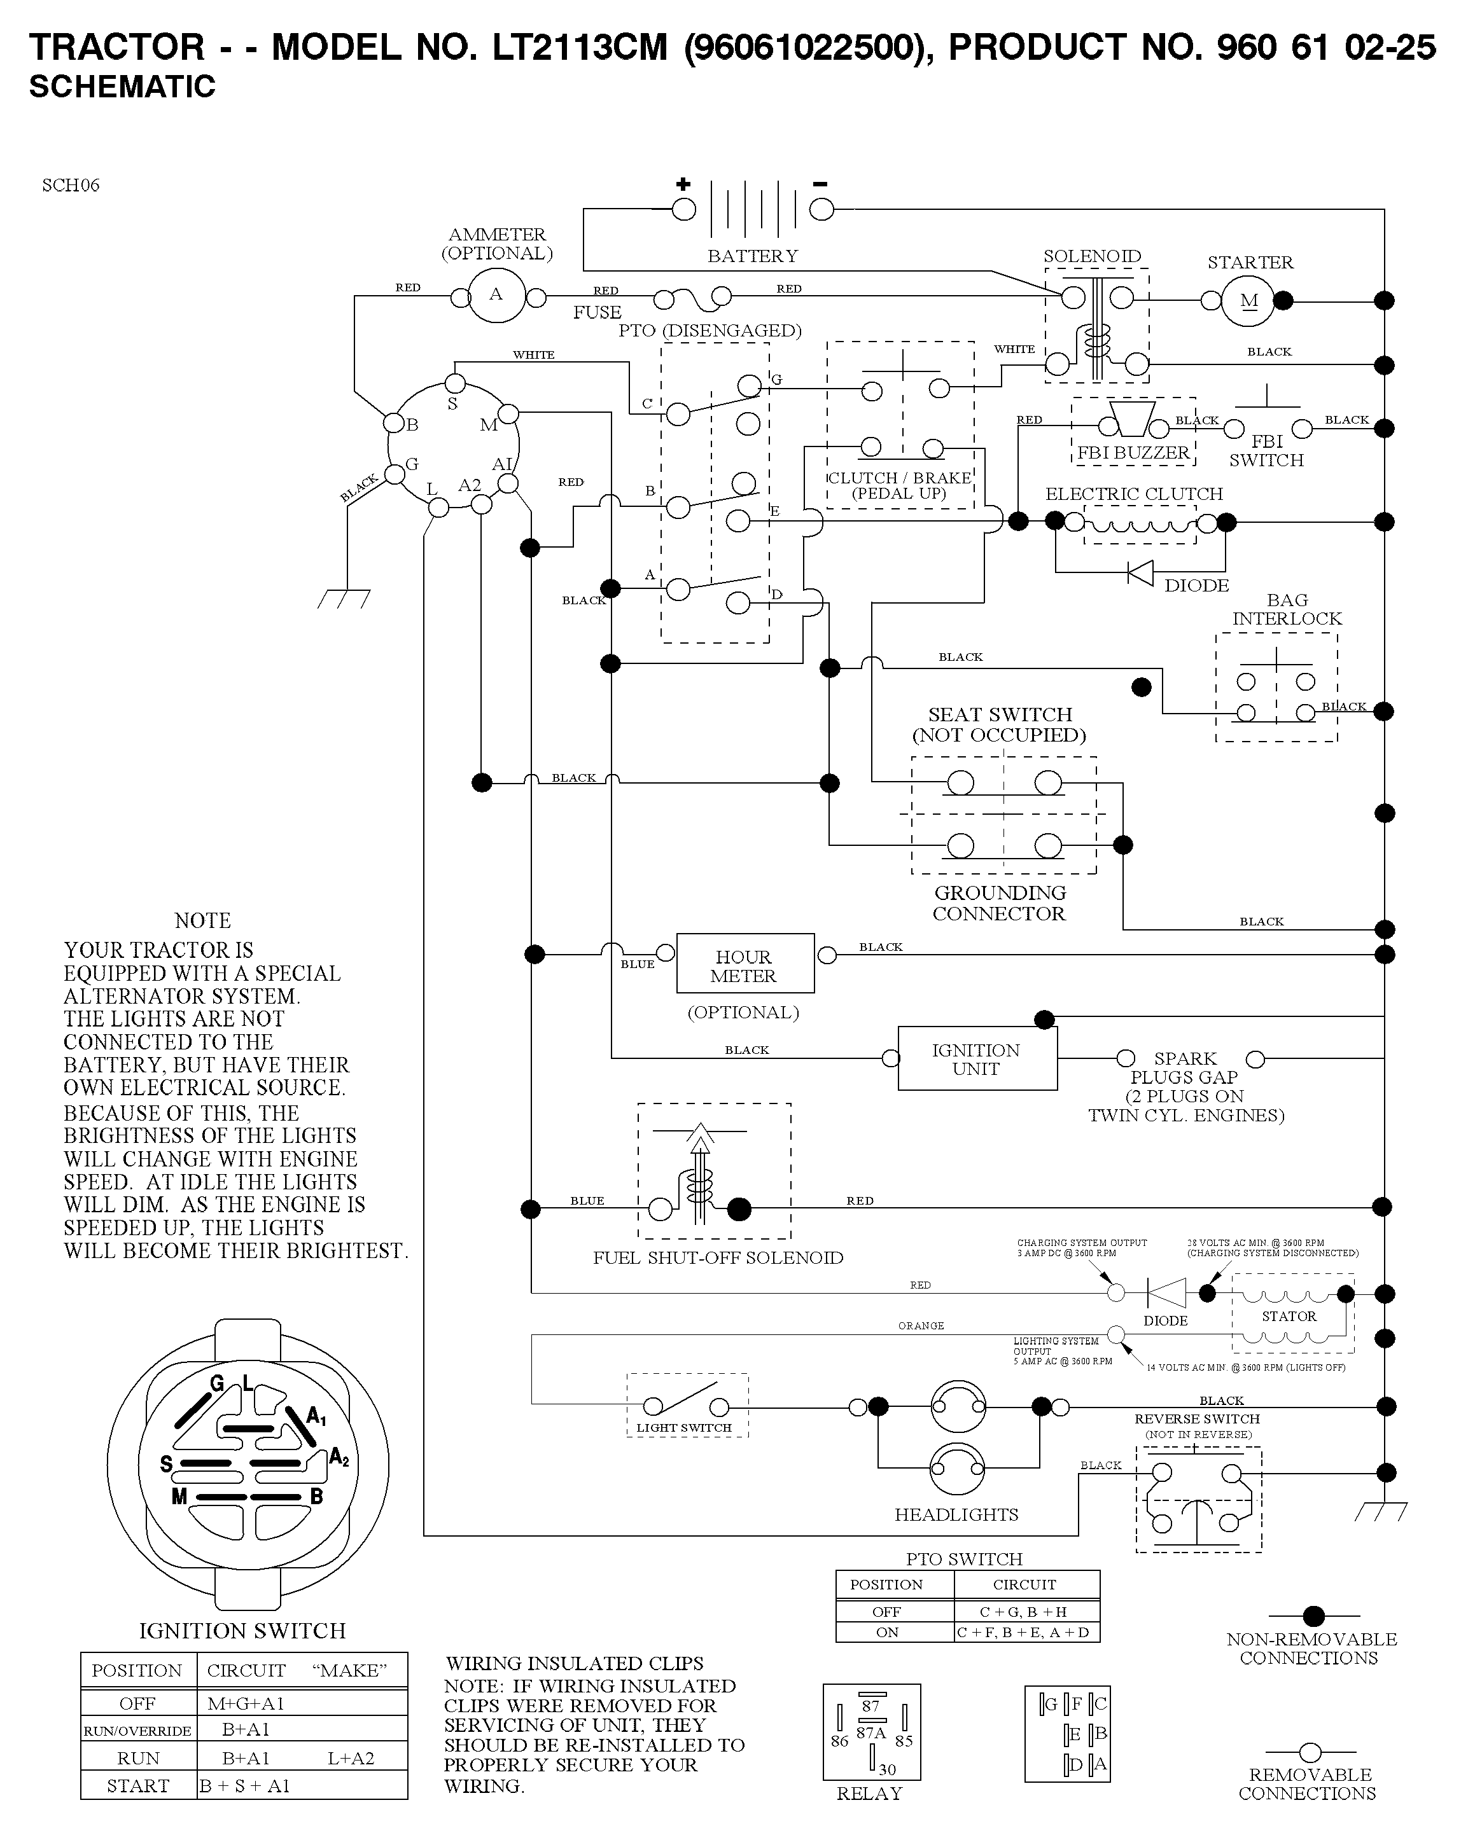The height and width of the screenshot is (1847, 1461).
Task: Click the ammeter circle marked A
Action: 497,295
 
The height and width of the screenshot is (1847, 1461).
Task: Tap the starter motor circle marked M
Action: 1250,300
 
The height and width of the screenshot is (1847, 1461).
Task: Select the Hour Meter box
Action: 745,964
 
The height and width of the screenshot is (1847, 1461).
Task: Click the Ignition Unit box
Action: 977,1058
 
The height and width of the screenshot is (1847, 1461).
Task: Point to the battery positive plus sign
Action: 683,184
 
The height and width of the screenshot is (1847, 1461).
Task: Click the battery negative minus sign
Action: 820,183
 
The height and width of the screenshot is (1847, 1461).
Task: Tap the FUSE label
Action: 597,313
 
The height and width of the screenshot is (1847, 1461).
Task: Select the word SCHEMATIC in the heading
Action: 122,87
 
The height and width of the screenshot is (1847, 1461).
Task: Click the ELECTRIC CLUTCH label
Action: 1134,494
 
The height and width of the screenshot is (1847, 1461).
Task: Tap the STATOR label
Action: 1289,1316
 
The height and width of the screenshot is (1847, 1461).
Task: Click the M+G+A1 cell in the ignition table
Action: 246,1703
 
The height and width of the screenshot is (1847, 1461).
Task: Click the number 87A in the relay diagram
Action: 870,1733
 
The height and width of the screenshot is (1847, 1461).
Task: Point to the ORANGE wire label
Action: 921,1326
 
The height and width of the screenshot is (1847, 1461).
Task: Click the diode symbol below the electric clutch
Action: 1140,573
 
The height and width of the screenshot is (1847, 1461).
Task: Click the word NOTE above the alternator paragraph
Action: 203,921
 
